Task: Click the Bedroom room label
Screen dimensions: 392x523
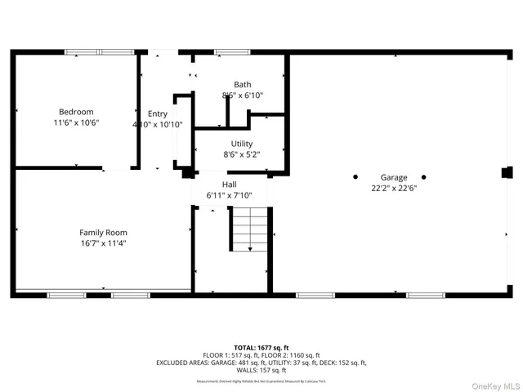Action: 75,112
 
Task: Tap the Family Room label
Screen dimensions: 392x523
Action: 103,233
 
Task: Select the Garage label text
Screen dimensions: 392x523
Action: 393,177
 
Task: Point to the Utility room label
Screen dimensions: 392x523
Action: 242,144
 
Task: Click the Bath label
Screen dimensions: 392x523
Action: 242,84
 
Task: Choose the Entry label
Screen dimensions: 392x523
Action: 157,114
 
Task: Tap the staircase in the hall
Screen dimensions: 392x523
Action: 248,229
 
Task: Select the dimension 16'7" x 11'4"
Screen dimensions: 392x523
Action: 103,243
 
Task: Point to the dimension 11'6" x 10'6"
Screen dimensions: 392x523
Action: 75,122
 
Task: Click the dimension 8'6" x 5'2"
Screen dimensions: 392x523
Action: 242,154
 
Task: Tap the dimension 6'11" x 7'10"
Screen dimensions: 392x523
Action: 229,195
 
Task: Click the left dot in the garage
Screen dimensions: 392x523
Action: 355,177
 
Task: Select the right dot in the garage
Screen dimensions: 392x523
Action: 424,177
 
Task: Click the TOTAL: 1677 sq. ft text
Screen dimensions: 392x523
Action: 261,348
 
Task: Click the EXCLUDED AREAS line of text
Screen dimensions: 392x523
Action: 261,363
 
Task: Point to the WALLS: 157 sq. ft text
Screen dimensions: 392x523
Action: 261,370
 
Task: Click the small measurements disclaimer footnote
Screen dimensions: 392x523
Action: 261,381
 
